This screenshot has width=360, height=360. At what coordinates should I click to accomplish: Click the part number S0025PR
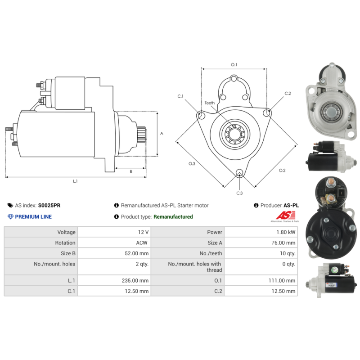(49, 205)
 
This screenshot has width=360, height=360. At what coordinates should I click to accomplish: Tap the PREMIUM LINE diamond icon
(10, 217)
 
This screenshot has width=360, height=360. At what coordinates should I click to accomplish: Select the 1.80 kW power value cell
(261, 232)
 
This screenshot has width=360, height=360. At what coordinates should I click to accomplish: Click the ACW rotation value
(142, 243)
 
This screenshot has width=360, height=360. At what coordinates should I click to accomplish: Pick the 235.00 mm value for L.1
(135, 280)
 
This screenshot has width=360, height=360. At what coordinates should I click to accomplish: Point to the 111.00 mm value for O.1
(282, 280)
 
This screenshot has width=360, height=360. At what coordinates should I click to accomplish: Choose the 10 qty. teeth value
(288, 253)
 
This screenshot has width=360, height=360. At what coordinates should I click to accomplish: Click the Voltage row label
(66, 232)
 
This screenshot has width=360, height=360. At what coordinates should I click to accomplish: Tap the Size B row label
(68, 253)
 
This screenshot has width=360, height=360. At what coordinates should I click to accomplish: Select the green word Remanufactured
(173, 217)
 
